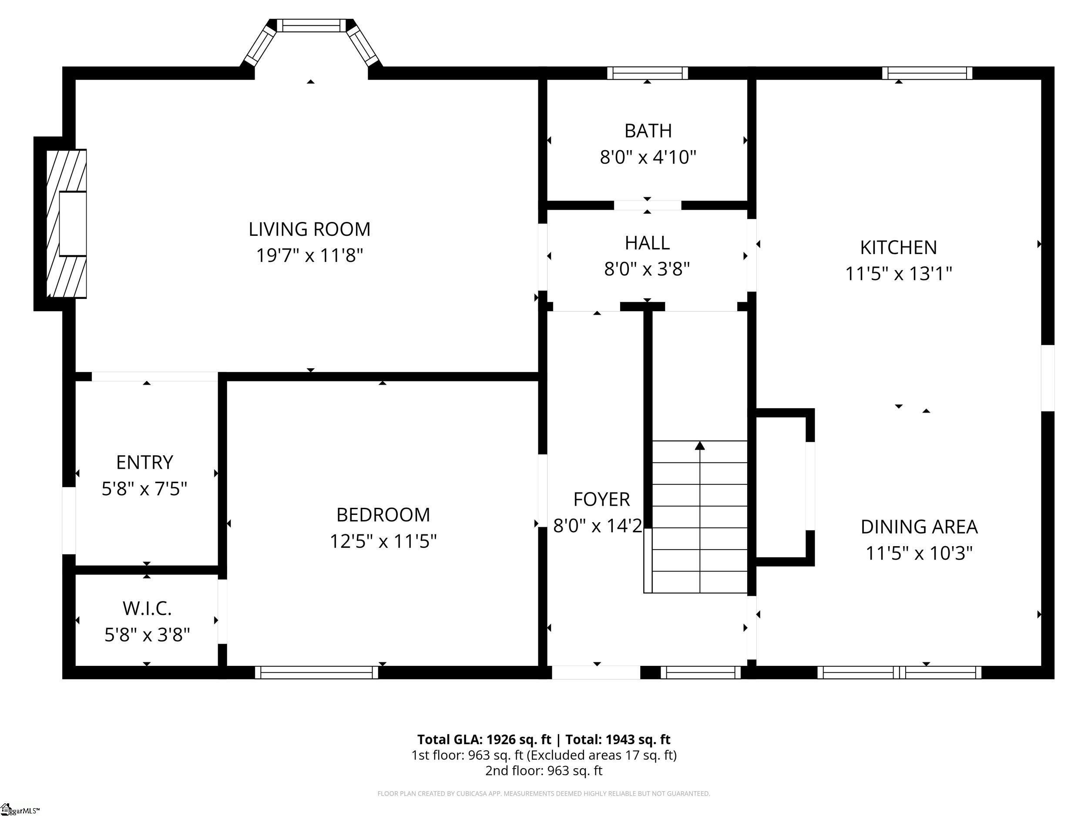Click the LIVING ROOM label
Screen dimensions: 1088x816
point(309,229)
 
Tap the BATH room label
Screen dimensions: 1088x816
point(648,131)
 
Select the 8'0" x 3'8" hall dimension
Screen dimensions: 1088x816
point(647,269)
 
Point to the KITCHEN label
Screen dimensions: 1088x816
point(899,247)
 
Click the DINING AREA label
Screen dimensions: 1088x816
point(919,527)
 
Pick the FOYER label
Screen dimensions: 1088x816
point(601,499)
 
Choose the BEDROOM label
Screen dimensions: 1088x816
point(383,515)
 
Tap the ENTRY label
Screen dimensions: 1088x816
point(144,462)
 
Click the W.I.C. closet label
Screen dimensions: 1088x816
point(147,608)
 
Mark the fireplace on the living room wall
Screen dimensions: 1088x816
point(67,224)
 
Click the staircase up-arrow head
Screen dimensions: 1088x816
point(699,446)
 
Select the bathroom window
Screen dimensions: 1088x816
point(647,73)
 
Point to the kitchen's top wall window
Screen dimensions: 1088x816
point(927,73)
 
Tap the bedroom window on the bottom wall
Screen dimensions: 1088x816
point(317,672)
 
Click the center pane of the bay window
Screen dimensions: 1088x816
point(311,26)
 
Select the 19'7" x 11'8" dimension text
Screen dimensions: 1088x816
point(309,256)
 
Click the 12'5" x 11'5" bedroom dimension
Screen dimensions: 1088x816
point(383,541)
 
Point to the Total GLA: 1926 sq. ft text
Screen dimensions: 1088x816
point(484,739)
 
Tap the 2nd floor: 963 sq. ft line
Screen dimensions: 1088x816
point(544,770)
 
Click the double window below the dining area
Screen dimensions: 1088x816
point(900,672)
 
